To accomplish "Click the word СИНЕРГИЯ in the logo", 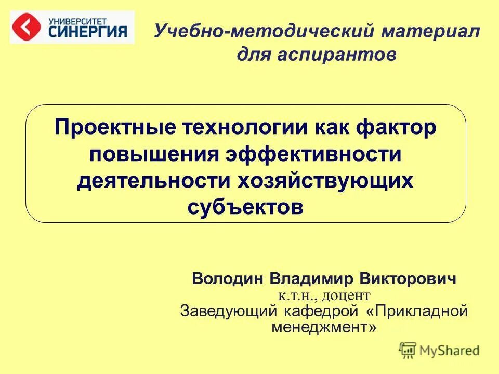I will point(88,32).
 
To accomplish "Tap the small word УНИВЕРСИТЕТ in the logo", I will point(78,20).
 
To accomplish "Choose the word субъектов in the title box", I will point(245,207).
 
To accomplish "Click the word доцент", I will point(345,296).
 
